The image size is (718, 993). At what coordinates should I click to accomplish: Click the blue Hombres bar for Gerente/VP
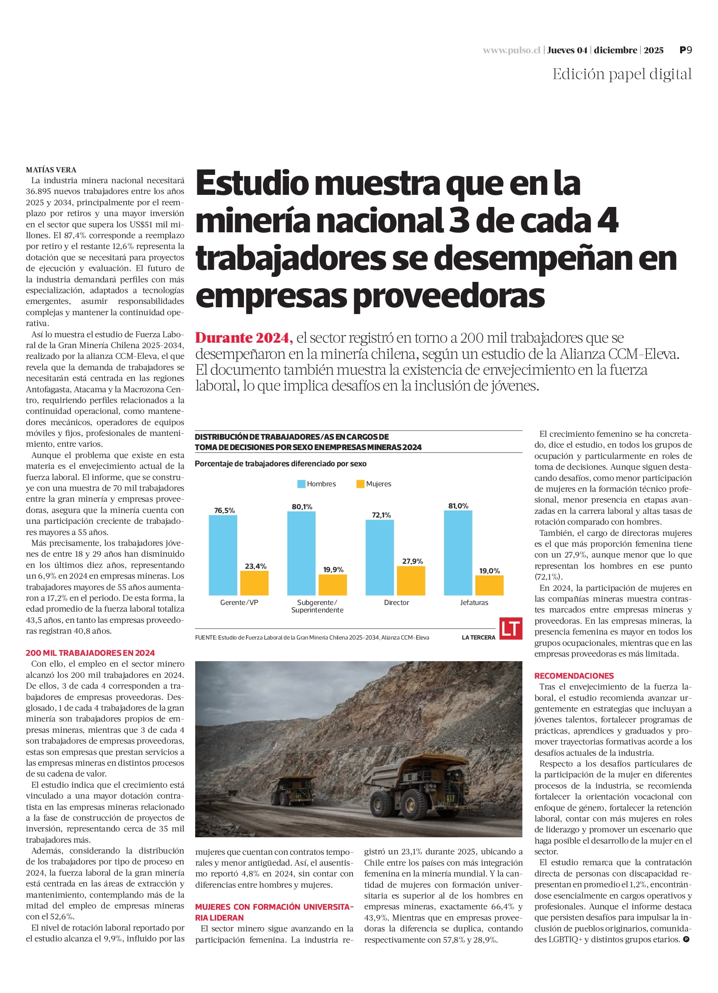click(x=223, y=555)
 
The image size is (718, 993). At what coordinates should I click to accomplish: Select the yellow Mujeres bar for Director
click(x=411, y=580)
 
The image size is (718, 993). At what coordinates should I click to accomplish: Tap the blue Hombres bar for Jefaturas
click(x=458, y=552)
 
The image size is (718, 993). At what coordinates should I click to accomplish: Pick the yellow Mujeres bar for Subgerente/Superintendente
click(x=332, y=585)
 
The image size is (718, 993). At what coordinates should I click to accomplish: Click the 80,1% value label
click(x=302, y=507)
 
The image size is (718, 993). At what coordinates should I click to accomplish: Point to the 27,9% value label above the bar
click(x=412, y=561)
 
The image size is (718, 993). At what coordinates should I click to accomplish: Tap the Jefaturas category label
click(x=474, y=602)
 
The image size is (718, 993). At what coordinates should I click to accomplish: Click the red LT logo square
click(x=510, y=628)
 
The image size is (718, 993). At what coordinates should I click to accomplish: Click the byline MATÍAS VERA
click(x=51, y=170)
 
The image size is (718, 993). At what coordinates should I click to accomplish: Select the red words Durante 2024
click(x=244, y=338)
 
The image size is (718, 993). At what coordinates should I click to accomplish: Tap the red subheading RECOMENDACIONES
click(x=574, y=676)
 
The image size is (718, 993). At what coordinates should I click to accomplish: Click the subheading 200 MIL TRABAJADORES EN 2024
click(x=90, y=653)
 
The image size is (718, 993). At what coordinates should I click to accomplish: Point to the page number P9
click(x=686, y=50)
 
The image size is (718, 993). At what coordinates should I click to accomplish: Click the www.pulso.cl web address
click(x=512, y=50)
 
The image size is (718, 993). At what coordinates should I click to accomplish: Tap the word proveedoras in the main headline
click(x=449, y=296)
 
